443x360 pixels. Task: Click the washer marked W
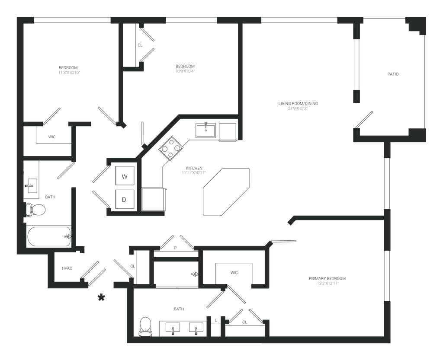click(x=125, y=176)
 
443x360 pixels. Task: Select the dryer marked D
click(x=125, y=199)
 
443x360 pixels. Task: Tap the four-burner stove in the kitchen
click(x=172, y=148)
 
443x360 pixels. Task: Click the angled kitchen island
click(x=226, y=191)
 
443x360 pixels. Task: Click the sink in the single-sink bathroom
click(x=30, y=186)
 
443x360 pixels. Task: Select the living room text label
click(x=298, y=105)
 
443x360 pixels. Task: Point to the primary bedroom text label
click(x=327, y=280)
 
